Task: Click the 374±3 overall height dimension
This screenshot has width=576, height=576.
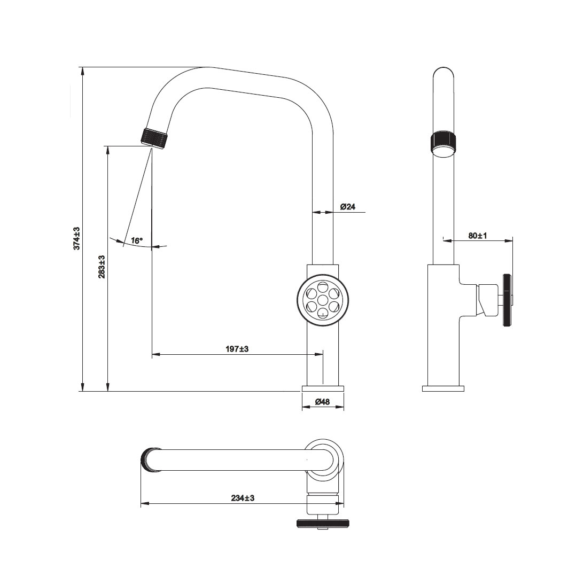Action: [x=76, y=238]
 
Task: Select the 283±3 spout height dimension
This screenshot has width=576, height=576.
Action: [x=102, y=267]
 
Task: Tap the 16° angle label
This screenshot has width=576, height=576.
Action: [x=136, y=240]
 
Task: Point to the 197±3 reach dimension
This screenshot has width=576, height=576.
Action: [x=237, y=348]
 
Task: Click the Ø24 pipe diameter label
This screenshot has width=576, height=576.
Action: [x=347, y=206]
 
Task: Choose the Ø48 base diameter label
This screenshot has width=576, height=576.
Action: [x=322, y=402]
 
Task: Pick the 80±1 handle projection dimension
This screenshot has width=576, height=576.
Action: [x=478, y=236]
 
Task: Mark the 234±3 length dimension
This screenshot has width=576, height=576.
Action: [x=243, y=498]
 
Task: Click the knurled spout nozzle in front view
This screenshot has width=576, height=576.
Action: [x=156, y=138]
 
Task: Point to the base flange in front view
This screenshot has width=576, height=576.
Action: [x=323, y=388]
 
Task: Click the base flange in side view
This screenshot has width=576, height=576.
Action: [x=443, y=388]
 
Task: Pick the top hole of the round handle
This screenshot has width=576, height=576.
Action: [x=323, y=287]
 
